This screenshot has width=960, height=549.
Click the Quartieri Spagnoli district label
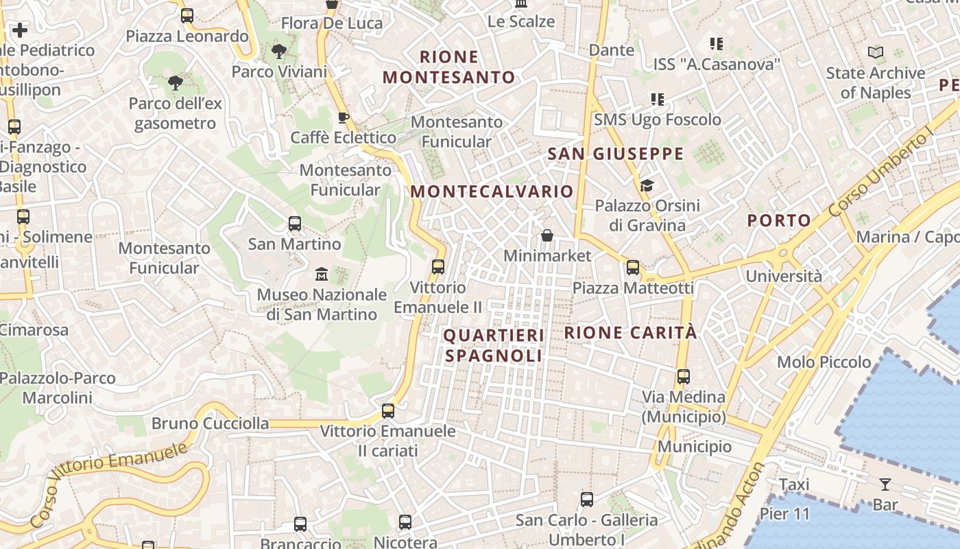(494, 345)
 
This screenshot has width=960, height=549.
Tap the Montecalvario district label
(492, 191)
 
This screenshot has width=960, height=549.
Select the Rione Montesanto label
(448, 67)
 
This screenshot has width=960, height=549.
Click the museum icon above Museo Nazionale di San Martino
(321, 274)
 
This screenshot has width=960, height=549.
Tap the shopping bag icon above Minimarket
(547, 235)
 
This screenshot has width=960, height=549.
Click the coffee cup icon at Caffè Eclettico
(344, 117)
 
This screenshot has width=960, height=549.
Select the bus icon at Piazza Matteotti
(633, 268)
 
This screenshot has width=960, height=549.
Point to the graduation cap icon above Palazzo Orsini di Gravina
(647, 185)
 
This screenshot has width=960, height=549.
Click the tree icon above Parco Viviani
(279, 51)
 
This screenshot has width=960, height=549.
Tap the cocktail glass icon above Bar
(885, 484)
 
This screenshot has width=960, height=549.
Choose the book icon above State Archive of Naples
(876, 52)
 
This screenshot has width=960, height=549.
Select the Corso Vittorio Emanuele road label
(109, 484)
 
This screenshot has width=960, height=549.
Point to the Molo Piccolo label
(824, 362)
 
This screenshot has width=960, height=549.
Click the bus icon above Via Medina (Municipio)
(684, 377)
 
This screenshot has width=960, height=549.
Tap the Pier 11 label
(784, 514)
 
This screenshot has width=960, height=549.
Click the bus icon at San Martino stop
(295, 224)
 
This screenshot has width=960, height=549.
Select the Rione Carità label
(630, 333)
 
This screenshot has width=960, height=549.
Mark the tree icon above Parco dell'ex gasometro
(175, 83)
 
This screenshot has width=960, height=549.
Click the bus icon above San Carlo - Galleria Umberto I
(587, 500)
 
